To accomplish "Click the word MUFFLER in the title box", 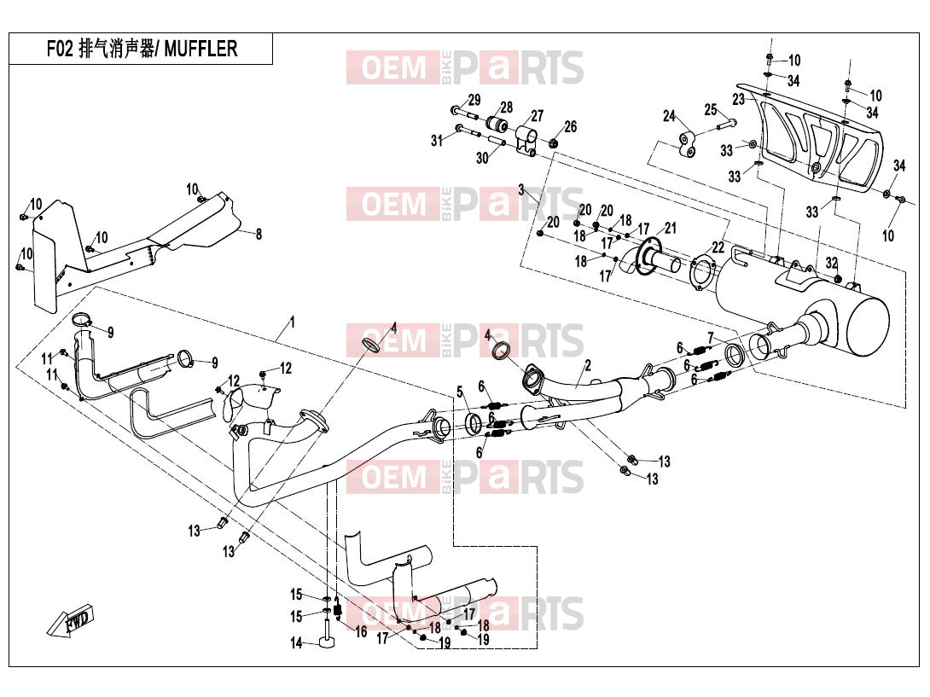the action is [201, 49].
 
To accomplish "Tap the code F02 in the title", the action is [60, 49].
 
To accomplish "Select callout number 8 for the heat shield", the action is [259, 235].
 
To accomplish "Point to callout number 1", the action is [293, 322].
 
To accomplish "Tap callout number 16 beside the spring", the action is [361, 632].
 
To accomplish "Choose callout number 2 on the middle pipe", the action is [588, 365].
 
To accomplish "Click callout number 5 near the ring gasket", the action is [460, 392].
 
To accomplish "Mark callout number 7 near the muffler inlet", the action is [711, 339].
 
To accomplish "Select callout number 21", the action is [671, 228].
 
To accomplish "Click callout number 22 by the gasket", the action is [718, 247].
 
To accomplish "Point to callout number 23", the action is [738, 99].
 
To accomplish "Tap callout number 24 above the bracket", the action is [669, 116].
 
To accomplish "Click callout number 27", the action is [538, 116].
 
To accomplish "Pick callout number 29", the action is [474, 100].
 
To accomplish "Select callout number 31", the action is [437, 141].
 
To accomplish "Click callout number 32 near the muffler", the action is [832, 263].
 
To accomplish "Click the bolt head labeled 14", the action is [327, 642].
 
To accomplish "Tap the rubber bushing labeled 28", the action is [497, 125].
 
